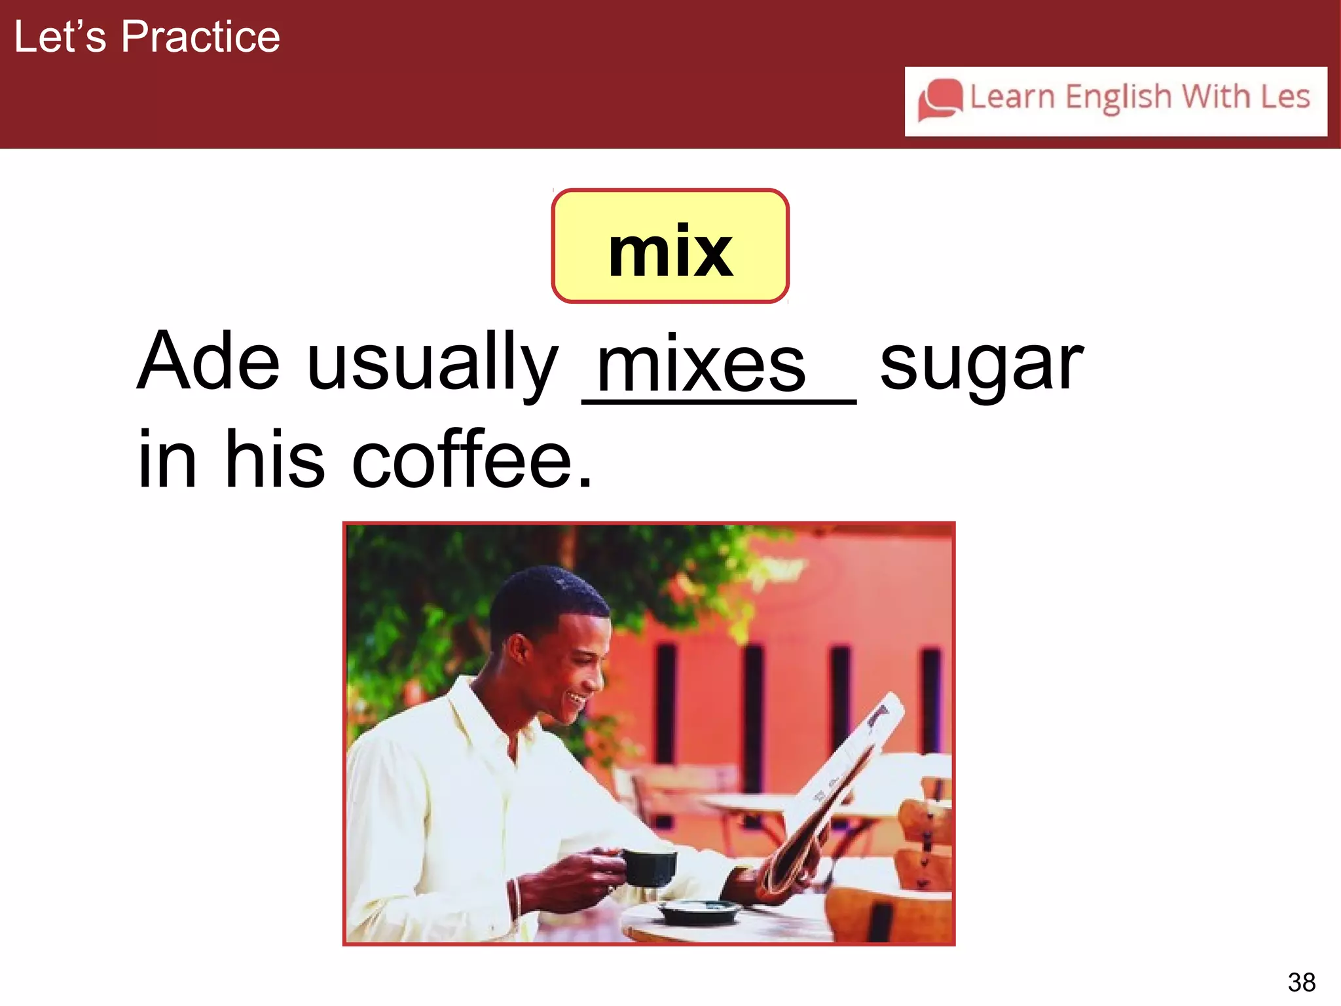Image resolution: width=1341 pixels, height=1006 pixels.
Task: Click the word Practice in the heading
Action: (200, 37)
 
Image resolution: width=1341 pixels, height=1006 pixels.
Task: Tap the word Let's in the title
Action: (60, 37)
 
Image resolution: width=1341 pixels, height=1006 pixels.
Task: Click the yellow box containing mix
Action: (670, 246)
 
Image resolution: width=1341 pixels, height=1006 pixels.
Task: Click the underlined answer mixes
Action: (701, 367)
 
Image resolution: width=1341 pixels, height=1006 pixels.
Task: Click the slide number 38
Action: (1301, 982)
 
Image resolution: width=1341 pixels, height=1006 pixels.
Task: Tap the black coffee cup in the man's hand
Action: (649, 867)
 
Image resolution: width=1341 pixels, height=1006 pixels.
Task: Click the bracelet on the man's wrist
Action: (515, 898)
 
